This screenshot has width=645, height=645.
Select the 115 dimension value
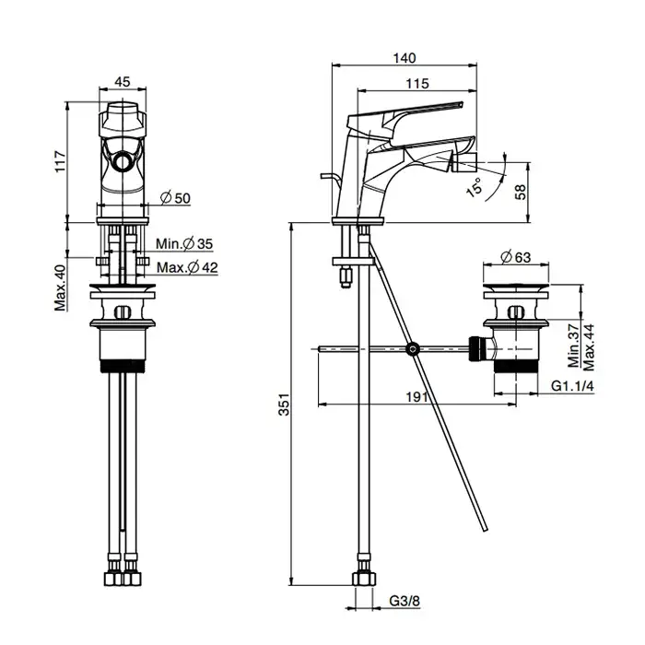[416, 84]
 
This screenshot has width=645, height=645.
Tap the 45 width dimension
[122, 81]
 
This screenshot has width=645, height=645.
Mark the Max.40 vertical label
[60, 287]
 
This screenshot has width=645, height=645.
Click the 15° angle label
[475, 188]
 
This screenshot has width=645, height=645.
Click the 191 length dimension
[416, 396]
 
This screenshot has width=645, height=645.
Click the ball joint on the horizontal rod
[413, 349]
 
